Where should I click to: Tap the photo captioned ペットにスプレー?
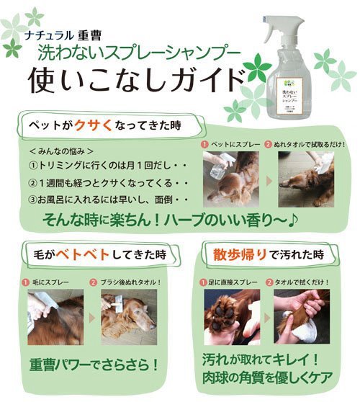pyautogui.click(x=230, y=177)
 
